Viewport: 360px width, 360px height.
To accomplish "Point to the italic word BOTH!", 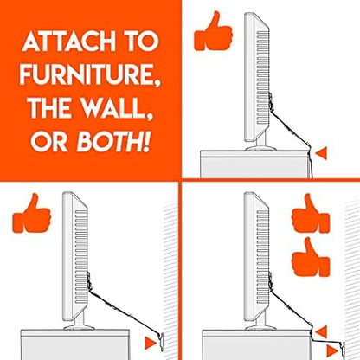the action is point(114,142).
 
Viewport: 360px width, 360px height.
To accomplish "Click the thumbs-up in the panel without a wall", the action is point(213,31).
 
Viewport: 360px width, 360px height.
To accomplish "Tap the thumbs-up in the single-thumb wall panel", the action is point(32,213).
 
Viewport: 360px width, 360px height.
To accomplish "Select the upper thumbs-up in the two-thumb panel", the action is point(311,213).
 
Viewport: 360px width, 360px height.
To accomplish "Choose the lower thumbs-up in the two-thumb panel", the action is point(311,257).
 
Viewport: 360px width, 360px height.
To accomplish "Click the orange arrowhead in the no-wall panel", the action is point(321,153).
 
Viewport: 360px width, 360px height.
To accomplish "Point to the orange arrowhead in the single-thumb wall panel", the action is point(150,343).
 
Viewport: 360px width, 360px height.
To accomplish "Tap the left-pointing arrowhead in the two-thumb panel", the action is point(321,332).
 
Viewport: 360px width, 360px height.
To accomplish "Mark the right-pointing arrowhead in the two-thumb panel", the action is point(332,350).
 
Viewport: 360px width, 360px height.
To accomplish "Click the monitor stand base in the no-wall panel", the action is point(260,149).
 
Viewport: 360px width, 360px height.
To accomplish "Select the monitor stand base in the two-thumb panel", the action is point(260,328).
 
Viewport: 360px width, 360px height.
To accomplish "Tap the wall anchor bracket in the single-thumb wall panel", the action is point(161,342).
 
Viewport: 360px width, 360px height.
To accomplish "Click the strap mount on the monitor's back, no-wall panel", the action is point(270,103).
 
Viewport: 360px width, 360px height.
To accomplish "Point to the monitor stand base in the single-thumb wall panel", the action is point(79,328).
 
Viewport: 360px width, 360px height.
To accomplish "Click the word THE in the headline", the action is point(48,108).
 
